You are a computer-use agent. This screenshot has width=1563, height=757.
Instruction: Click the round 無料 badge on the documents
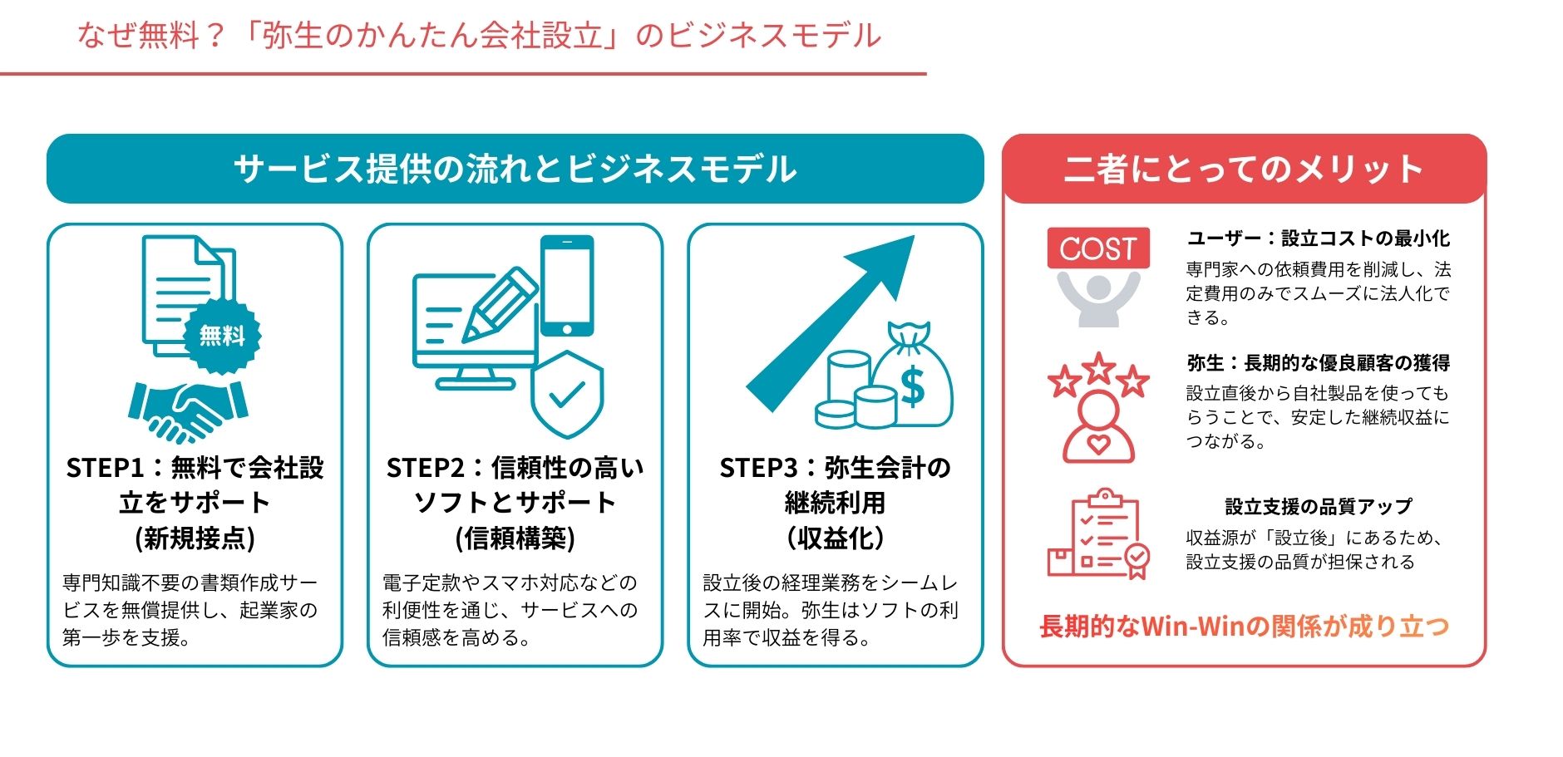(222, 336)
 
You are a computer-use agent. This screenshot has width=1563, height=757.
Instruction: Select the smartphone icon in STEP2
(567, 285)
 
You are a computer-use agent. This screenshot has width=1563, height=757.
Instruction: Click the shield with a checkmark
(567, 394)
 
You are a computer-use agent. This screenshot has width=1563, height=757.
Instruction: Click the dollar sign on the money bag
(912, 385)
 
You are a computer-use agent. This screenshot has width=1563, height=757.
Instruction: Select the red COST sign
(1097, 248)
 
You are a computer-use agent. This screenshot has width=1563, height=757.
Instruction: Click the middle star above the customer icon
(1098, 367)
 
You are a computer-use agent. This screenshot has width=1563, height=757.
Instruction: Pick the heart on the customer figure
(1097, 445)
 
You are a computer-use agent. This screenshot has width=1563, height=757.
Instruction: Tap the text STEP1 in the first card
(105, 468)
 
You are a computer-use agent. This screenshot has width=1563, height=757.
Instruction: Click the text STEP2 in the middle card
(425, 468)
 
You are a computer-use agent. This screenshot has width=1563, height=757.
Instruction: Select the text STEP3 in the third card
(758, 468)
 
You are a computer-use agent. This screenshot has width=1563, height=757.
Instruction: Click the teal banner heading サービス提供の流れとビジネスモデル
(515, 169)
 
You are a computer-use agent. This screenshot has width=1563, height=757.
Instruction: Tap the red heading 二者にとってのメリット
(1244, 169)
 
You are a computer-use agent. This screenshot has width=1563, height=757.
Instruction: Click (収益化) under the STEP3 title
(835, 538)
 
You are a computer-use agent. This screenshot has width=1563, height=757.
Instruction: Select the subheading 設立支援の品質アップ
(1318, 506)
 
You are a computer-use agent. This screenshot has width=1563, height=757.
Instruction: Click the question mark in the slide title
(215, 36)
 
